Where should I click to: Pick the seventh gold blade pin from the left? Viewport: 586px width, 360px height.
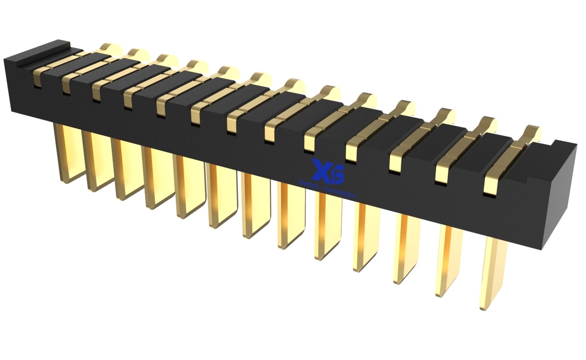[255, 206]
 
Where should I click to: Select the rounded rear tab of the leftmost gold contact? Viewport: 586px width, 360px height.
[110, 48]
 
